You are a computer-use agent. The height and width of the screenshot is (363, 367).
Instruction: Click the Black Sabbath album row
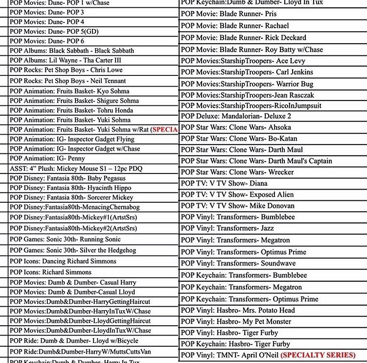click(x=72, y=50)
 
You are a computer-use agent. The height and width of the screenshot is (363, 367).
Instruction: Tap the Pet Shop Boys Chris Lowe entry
click(x=66, y=70)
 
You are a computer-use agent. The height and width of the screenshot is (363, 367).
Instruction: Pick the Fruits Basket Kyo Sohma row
click(x=69, y=91)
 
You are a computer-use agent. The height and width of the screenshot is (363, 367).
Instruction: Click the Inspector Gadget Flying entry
click(x=72, y=139)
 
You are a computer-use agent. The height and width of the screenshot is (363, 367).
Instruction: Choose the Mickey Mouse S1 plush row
click(x=76, y=169)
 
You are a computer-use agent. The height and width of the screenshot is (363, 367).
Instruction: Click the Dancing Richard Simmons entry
click(x=63, y=261)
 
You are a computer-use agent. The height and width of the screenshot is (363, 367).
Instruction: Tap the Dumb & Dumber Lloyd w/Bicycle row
click(x=74, y=340)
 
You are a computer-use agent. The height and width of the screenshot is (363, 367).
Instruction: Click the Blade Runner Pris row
click(x=229, y=14)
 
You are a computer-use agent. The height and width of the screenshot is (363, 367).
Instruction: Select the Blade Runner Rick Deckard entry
click(x=243, y=37)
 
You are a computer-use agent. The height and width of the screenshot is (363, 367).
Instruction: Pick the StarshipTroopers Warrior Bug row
click(x=247, y=84)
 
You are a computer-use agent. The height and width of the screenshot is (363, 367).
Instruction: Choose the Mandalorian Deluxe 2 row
click(x=236, y=116)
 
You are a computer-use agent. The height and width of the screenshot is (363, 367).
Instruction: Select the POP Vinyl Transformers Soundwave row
click(x=238, y=264)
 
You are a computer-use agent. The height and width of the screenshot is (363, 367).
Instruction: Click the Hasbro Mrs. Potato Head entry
click(x=238, y=310)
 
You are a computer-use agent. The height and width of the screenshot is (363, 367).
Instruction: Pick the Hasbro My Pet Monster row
click(x=236, y=322)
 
